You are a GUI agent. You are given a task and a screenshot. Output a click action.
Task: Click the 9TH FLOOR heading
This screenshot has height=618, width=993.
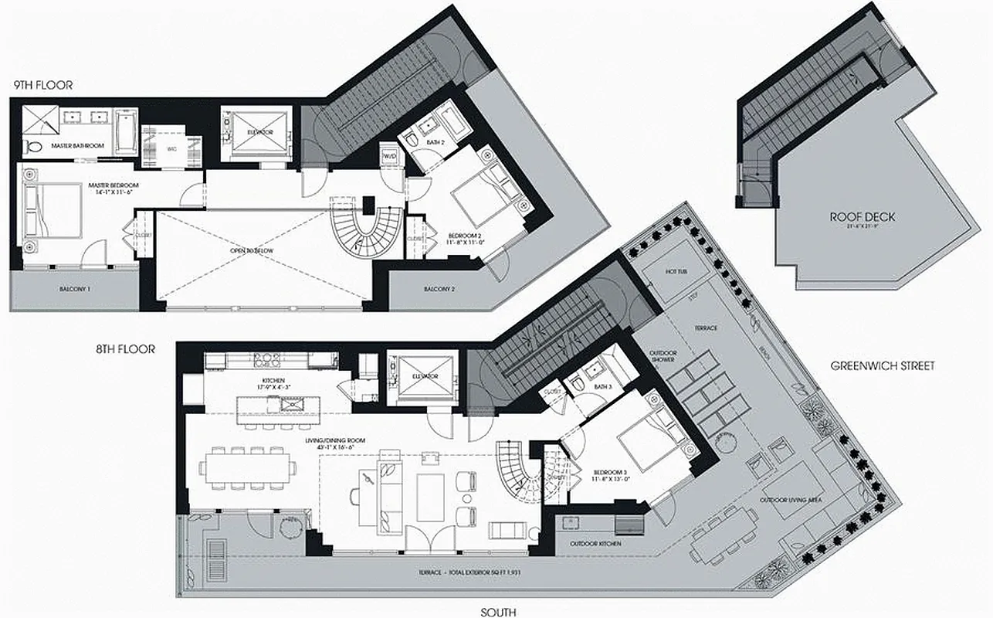43,85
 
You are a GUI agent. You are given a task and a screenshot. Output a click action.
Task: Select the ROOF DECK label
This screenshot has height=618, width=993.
851,217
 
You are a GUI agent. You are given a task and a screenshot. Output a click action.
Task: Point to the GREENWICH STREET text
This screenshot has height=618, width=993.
883,366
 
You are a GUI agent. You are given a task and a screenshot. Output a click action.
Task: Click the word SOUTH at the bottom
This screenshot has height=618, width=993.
497,612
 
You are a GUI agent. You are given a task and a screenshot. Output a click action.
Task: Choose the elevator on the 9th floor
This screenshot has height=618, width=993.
259,132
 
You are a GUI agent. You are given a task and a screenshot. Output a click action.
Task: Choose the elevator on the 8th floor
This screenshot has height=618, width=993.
425,376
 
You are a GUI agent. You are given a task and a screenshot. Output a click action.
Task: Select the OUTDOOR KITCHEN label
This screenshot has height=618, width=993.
595,543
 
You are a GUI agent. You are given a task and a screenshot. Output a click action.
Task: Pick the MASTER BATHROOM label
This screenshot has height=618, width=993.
77,145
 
